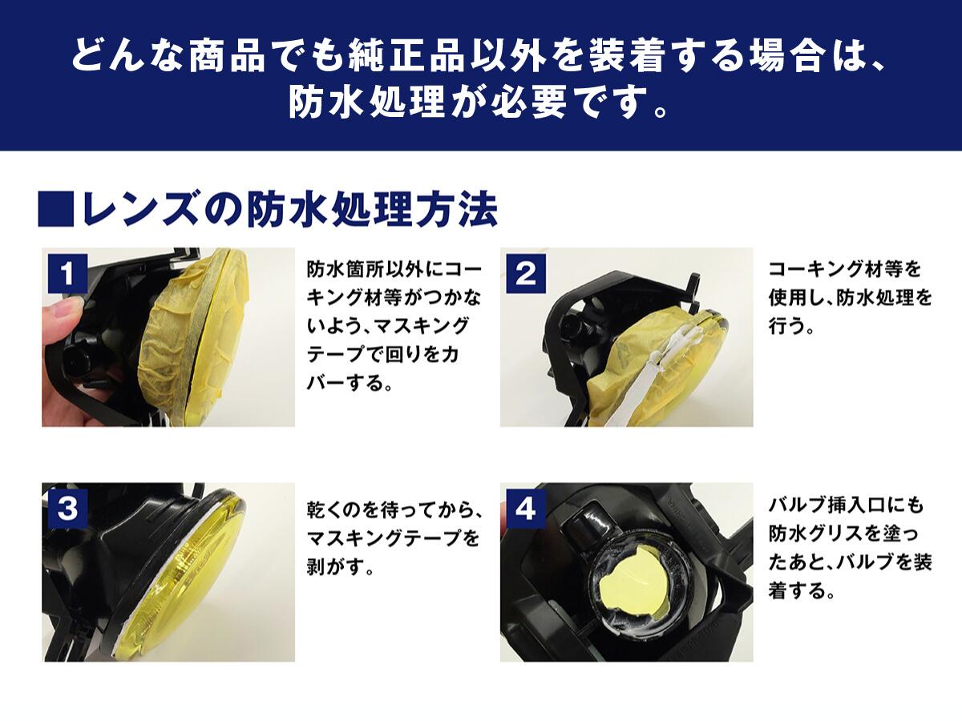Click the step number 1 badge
(67, 274)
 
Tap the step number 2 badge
(526, 274)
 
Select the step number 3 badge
(67, 510)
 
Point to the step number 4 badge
(526, 510)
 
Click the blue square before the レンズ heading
(56, 209)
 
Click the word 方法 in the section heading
(458, 209)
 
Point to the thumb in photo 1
(63, 312)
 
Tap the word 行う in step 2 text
(786, 326)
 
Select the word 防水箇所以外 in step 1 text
(365, 270)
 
